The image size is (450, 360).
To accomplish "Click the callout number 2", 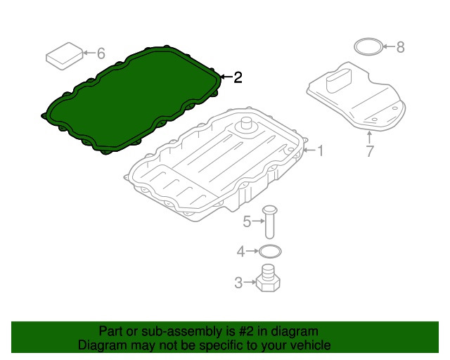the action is point(238,77).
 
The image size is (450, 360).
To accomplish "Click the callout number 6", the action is point(101,53).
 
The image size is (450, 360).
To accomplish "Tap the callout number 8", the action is point(400,47).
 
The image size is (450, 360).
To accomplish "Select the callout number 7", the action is point(370,151).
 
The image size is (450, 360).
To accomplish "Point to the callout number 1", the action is point(321,150).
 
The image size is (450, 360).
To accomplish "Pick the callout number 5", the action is point(247,221).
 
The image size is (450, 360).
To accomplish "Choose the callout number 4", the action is point(240,252).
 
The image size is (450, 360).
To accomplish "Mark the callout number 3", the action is point(238,283).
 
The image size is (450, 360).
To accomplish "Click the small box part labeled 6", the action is point(65,56).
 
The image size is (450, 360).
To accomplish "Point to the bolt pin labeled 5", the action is point(269,221).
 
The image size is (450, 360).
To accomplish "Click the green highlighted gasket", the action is point(131,100).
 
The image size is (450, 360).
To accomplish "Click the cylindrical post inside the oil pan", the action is point(246,125).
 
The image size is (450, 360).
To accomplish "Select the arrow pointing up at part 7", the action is point(370,137).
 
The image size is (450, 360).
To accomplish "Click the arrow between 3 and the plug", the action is point(250,282).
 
